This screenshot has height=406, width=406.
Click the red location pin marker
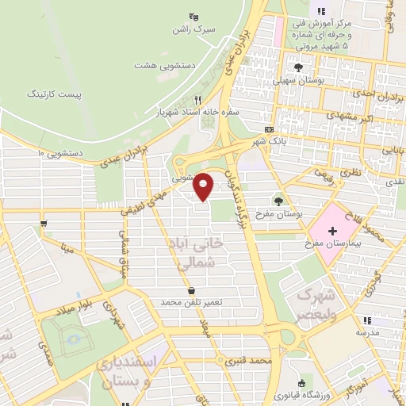point(204,186)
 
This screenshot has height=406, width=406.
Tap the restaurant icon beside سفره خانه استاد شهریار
point(198,100)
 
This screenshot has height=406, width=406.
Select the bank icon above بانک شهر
point(270,129)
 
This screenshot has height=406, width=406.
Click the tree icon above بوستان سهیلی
point(297,67)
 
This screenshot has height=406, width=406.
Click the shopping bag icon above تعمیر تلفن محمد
point(191,290)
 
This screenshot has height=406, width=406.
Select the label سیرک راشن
point(193,29)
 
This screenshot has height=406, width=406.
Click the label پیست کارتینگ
point(54,94)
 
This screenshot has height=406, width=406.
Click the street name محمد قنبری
point(247,361)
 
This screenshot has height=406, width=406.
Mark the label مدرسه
point(366,333)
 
